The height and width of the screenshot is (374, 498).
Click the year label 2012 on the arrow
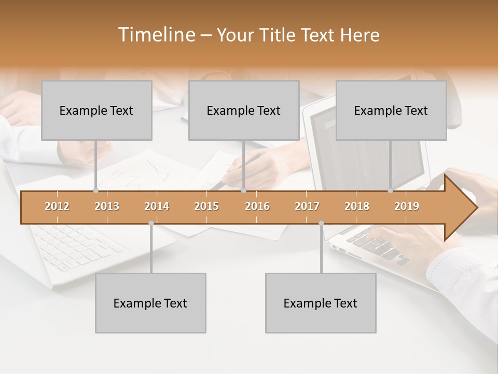point(57,206)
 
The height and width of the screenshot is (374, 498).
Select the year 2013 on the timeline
point(107,206)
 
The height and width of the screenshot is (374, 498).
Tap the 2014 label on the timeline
point(157,206)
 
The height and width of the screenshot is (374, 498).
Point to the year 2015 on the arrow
point(206,206)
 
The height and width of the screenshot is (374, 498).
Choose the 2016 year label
point(257,206)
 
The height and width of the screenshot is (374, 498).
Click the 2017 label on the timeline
point(307,206)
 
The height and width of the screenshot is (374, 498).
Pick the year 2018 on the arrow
point(357,206)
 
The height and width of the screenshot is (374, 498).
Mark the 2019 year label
point(407,206)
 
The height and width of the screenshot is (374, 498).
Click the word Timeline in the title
point(156,35)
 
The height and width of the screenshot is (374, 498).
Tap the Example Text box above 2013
point(96,110)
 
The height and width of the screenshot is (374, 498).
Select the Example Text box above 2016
point(244,110)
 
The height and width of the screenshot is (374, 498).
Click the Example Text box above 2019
point(391,110)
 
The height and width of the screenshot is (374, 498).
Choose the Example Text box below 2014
point(150,303)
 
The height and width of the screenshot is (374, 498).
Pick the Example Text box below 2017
point(321,303)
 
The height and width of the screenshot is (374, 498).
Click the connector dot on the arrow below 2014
point(151,223)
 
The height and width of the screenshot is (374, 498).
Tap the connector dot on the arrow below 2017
point(321,223)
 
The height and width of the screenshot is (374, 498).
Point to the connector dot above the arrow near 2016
point(243,191)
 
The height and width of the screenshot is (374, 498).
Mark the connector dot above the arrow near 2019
point(390,191)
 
